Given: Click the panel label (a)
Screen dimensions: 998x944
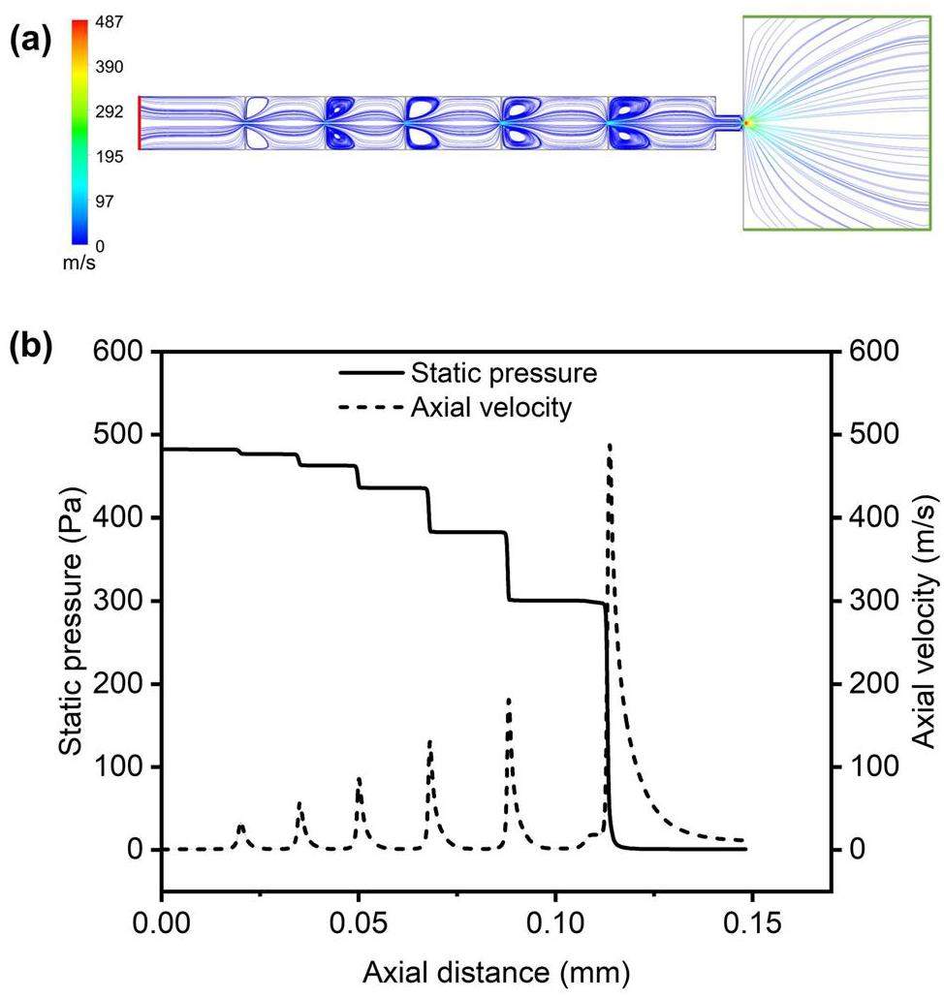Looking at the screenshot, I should [30, 42].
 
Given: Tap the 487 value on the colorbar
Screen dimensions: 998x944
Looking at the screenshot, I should [109, 22].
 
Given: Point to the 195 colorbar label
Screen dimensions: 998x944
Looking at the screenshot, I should [109, 157].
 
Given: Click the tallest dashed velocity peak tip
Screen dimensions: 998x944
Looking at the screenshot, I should [610, 446].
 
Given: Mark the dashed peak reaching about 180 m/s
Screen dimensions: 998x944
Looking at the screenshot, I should [509, 700].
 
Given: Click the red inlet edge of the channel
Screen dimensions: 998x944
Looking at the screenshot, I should [140, 122].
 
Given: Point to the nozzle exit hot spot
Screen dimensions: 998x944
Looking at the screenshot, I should [747, 123].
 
